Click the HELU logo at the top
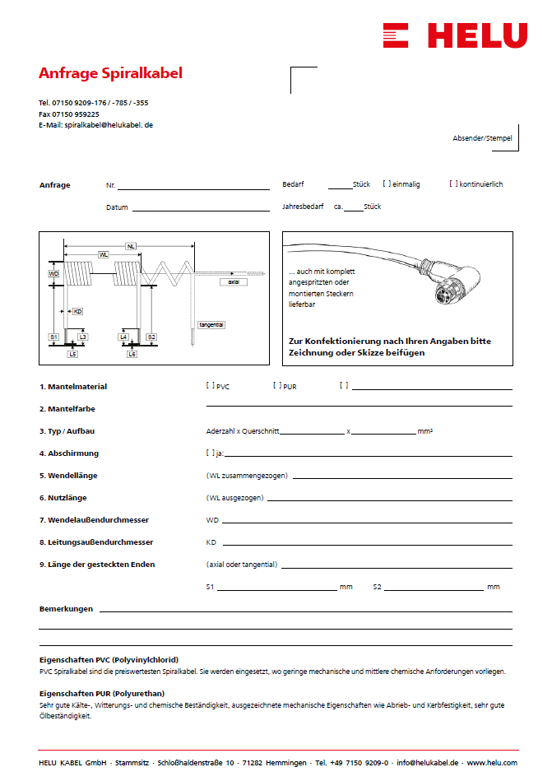coord(455,35)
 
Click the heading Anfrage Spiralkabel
coord(110,73)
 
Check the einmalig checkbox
coord(387,184)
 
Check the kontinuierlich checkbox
coord(453,184)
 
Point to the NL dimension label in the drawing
coord(131,245)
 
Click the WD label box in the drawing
coord(53,273)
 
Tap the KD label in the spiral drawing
coord(77,312)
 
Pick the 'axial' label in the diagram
coord(234,281)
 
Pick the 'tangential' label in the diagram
coord(211,325)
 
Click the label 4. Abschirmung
coord(69,453)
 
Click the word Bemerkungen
coord(66,609)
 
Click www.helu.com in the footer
coord(492,763)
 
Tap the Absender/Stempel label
coord(482,138)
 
